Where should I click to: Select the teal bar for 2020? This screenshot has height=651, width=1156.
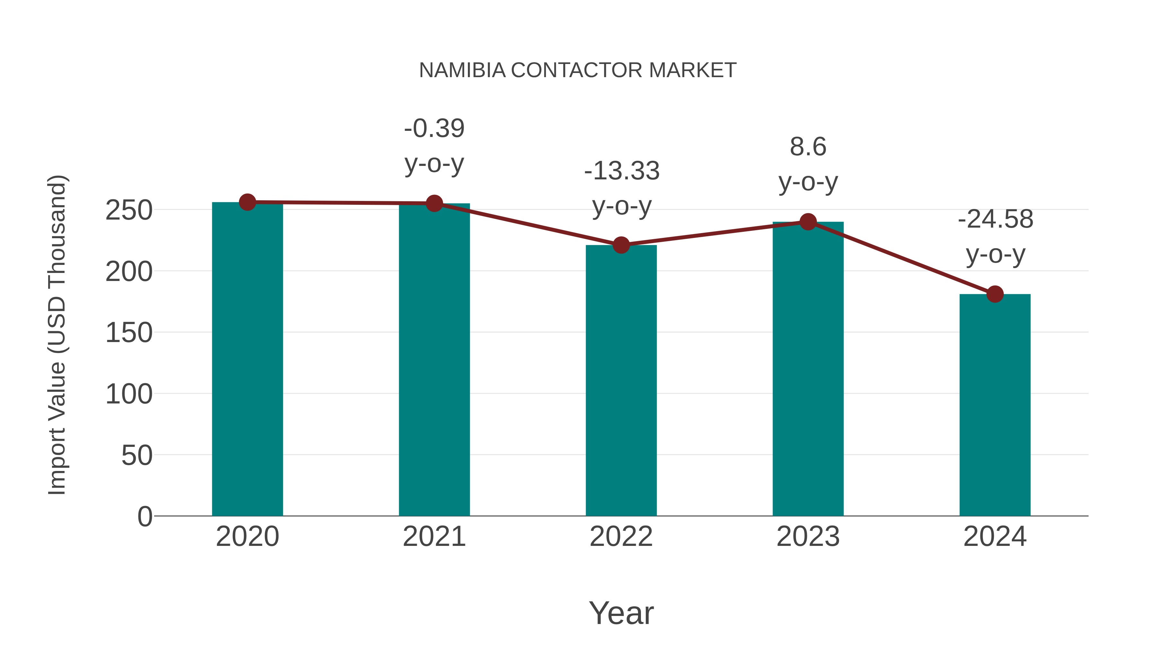click(x=247, y=359)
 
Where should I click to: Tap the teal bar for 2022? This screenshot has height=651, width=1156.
click(x=621, y=382)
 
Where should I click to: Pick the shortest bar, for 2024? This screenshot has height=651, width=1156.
click(x=995, y=404)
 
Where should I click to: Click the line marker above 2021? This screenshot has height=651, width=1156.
click(x=434, y=203)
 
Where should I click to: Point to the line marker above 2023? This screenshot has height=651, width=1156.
click(x=808, y=222)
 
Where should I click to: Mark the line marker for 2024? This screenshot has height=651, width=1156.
click(x=995, y=294)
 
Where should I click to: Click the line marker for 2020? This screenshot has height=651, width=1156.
click(x=247, y=202)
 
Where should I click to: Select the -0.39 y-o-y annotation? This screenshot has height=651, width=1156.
click(x=434, y=146)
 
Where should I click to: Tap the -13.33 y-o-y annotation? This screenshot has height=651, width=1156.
click(x=622, y=188)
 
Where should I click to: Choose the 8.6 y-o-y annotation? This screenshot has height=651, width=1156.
click(x=808, y=164)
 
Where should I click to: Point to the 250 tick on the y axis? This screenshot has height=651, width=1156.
click(x=129, y=210)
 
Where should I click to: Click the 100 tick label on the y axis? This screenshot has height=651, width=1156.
click(x=129, y=394)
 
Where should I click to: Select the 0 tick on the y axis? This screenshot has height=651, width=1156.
click(x=144, y=516)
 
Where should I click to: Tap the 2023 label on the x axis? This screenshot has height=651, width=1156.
click(x=808, y=537)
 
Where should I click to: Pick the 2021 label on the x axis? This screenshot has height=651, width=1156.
click(x=434, y=537)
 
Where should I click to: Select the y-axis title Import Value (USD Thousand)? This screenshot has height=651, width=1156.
click(x=57, y=335)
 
